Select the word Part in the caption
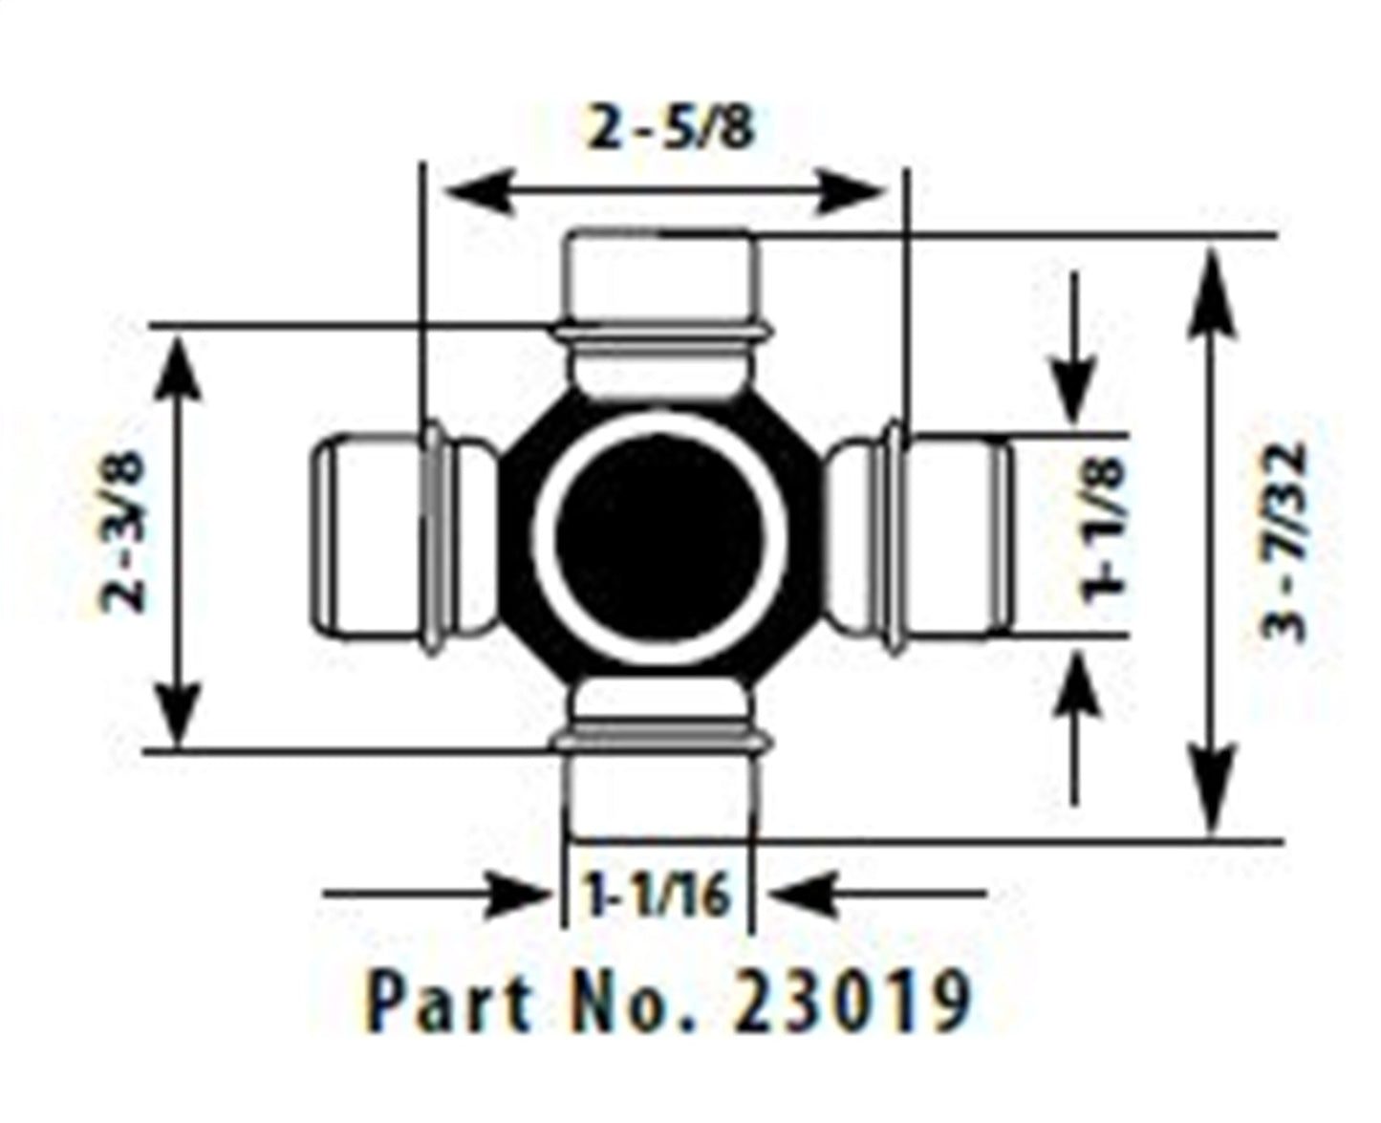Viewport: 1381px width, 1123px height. click(450, 1001)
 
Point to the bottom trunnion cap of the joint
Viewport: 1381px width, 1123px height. click(658, 798)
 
